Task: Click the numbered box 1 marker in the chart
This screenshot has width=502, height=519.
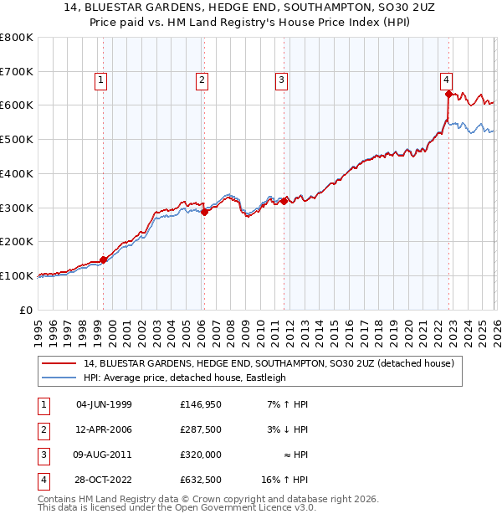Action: (100, 80)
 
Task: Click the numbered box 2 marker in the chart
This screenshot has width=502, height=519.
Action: (202, 80)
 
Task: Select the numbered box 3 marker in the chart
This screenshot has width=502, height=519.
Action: (280, 80)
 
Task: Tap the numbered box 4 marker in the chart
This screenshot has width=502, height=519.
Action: (447, 80)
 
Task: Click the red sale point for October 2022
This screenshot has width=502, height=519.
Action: (448, 94)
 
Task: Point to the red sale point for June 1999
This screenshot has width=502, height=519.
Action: (103, 259)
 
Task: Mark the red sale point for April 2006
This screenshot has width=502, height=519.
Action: (204, 212)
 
